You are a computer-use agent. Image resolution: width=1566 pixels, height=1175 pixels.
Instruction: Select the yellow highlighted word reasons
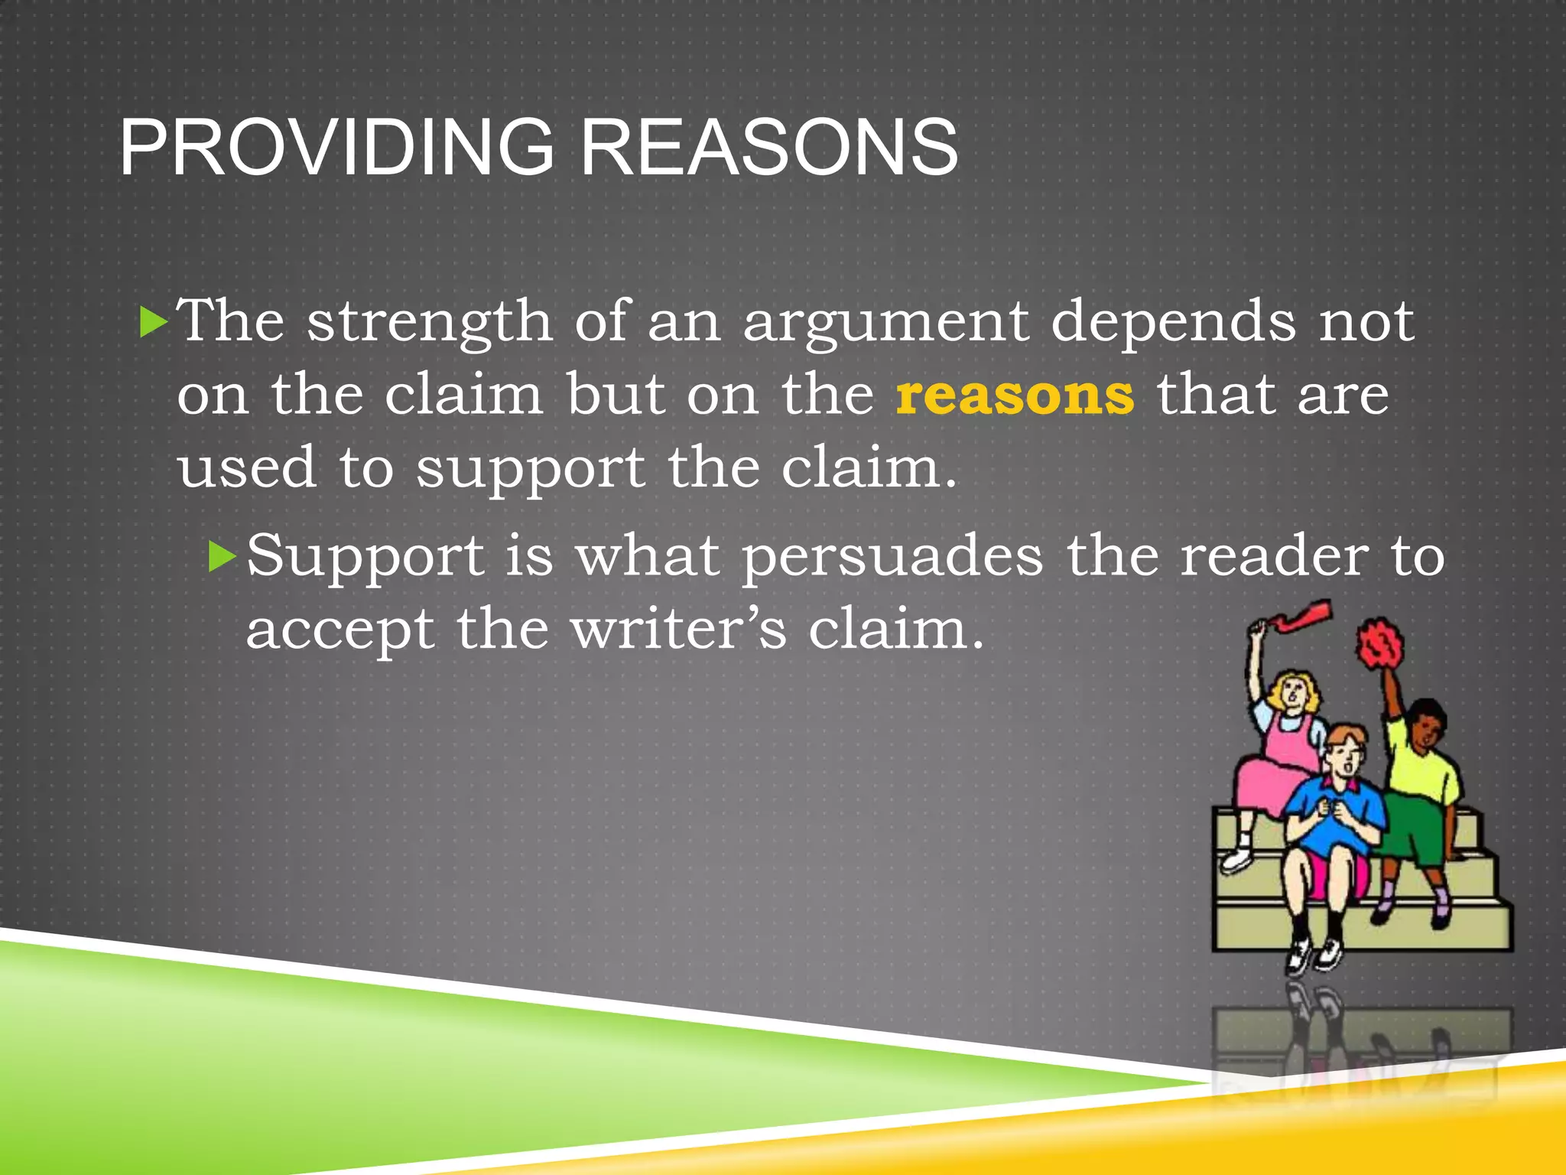point(1015,395)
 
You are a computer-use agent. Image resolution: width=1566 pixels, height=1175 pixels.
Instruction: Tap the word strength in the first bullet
point(429,322)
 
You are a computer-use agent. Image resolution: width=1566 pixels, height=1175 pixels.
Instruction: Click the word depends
point(1174,322)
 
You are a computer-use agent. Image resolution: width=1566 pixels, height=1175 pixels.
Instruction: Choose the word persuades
point(892,557)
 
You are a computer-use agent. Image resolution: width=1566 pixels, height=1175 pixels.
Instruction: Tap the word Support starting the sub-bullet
point(366,557)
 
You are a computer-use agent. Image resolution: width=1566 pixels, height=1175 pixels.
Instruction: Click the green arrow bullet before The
point(153,322)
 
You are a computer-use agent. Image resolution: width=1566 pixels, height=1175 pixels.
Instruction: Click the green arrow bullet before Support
point(223,556)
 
